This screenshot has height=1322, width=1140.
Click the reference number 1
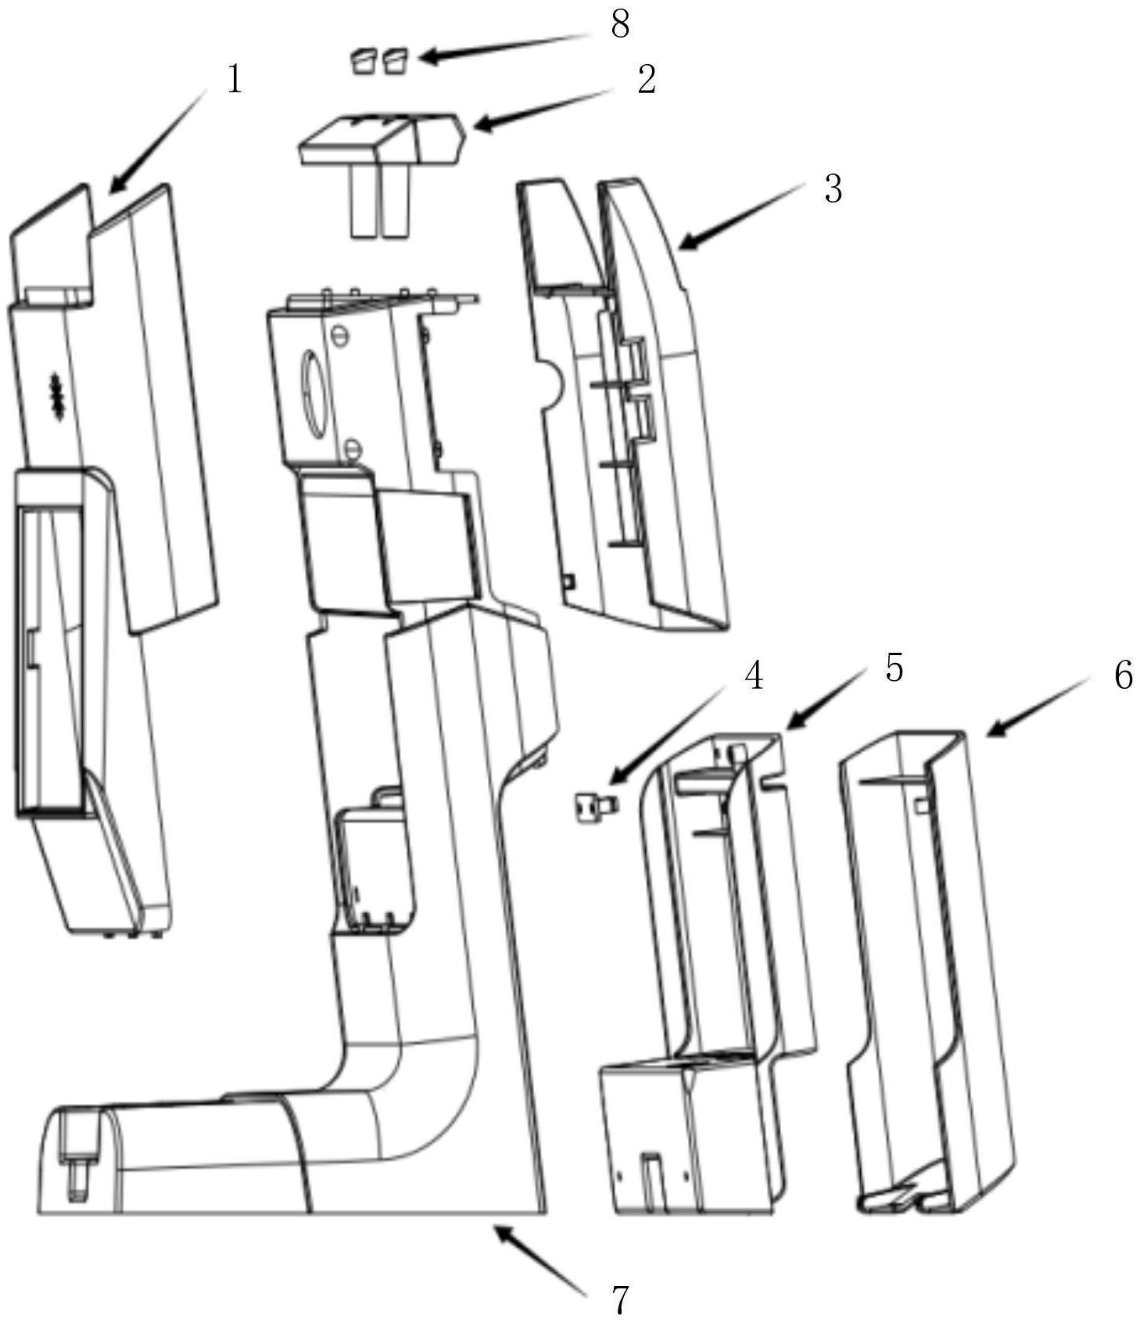[235, 80]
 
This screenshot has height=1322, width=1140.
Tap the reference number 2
[646, 80]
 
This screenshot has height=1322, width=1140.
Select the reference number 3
[833, 189]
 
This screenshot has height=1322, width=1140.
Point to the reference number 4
[753, 675]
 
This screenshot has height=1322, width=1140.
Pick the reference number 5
[894, 668]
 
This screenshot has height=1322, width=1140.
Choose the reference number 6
[1123, 675]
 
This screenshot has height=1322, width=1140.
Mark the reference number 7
[619, 1301]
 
